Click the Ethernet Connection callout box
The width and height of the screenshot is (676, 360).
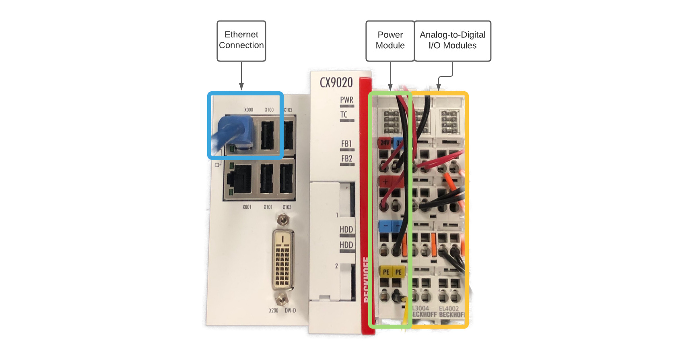pyautogui.click(x=241, y=41)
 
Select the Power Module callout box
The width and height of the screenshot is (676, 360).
pyautogui.click(x=390, y=41)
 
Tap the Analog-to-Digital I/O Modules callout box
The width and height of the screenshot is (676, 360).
pyautogui.click(x=452, y=41)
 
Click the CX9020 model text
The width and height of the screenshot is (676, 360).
pyautogui.click(x=336, y=83)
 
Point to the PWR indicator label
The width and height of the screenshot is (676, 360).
pyautogui.click(x=346, y=100)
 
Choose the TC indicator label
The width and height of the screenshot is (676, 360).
pyautogui.click(x=344, y=115)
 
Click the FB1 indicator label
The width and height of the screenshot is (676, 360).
pyautogui.click(x=346, y=144)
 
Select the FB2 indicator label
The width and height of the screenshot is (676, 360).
pyautogui.click(x=346, y=158)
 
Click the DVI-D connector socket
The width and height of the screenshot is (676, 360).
pyautogui.click(x=282, y=259)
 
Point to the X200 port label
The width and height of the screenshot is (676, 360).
pyautogui.click(x=274, y=311)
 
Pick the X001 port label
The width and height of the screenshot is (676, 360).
pyautogui.click(x=247, y=207)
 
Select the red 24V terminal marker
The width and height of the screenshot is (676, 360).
pyautogui.click(x=385, y=143)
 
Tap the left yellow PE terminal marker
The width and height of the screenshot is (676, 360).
pyautogui.click(x=386, y=272)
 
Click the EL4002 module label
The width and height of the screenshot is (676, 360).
pyautogui.click(x=449, y=309)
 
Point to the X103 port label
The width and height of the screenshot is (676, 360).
pyautogui.click(x=287, y=207)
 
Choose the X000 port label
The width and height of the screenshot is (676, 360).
pyautogui.click(x=249, y=110)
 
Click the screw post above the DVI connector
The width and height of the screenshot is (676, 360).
pyautogui.click(x=283, y=220)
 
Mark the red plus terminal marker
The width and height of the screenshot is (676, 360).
pyautogui.click(x=385, y=181)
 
